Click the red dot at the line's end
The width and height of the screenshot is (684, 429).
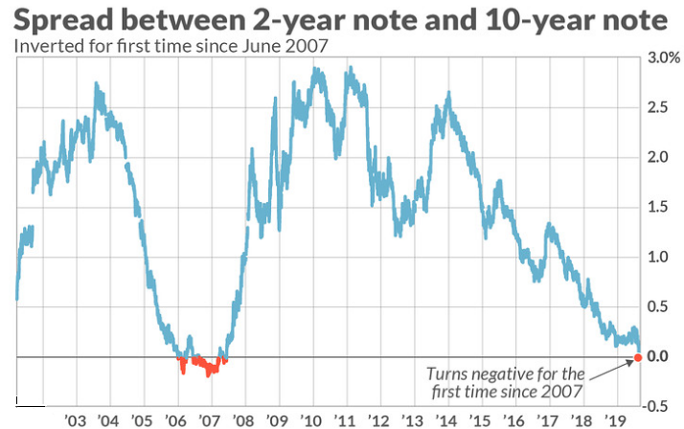tap(638, 357)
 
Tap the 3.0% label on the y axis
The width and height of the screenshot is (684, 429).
tap(664, 58)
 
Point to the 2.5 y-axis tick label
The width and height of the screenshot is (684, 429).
tap(658, 107)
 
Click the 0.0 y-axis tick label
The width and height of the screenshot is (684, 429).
tap(658, 356)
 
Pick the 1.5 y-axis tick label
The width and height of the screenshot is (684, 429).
tap(658, 207)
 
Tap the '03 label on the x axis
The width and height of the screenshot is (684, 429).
tap(76, 421)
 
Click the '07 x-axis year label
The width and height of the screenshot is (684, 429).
tap(210, 421)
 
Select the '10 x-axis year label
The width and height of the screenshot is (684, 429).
tap(311, 421)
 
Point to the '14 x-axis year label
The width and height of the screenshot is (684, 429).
tap(446, 421)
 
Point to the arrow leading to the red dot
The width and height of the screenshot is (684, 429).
tap(610, 371)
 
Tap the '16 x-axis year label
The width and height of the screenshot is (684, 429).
tap(514, 421)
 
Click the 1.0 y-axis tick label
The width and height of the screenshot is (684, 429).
tap(658, 257)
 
